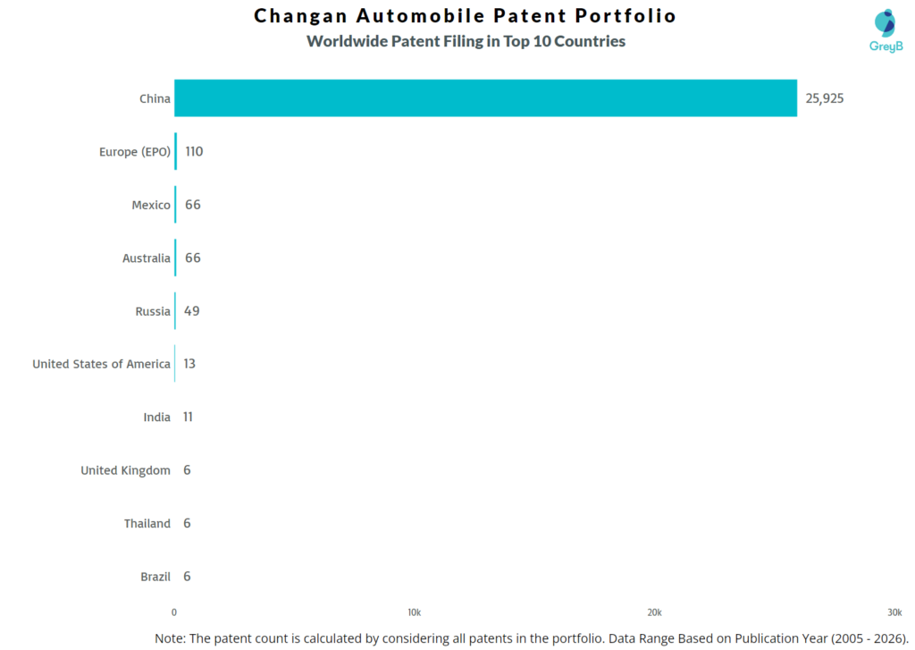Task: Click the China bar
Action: (x=485, y=98)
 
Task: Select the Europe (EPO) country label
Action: (x=134, y=152)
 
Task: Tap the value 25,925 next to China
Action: (x=824, y=98)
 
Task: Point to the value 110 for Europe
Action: (x=194, y=152)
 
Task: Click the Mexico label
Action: (x=151, y=206)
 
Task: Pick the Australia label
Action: (x=147, y=258)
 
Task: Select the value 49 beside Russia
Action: (x=192, y=311)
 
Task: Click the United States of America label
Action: (x=101, y=364)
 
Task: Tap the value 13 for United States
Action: (x=190, y=364)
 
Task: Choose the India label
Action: (x=156, y=418)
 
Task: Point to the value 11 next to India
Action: (x=188, y=418)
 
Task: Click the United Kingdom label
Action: (x=125, y=470)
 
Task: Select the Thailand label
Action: (x=147, y=524)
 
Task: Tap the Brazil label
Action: (x=155, y=577)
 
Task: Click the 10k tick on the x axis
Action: (x=414, y=612)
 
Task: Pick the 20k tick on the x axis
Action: (x=654, y=612)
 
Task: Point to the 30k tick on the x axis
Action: (x=894, y=612)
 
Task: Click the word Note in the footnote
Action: (x=170, y=637)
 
